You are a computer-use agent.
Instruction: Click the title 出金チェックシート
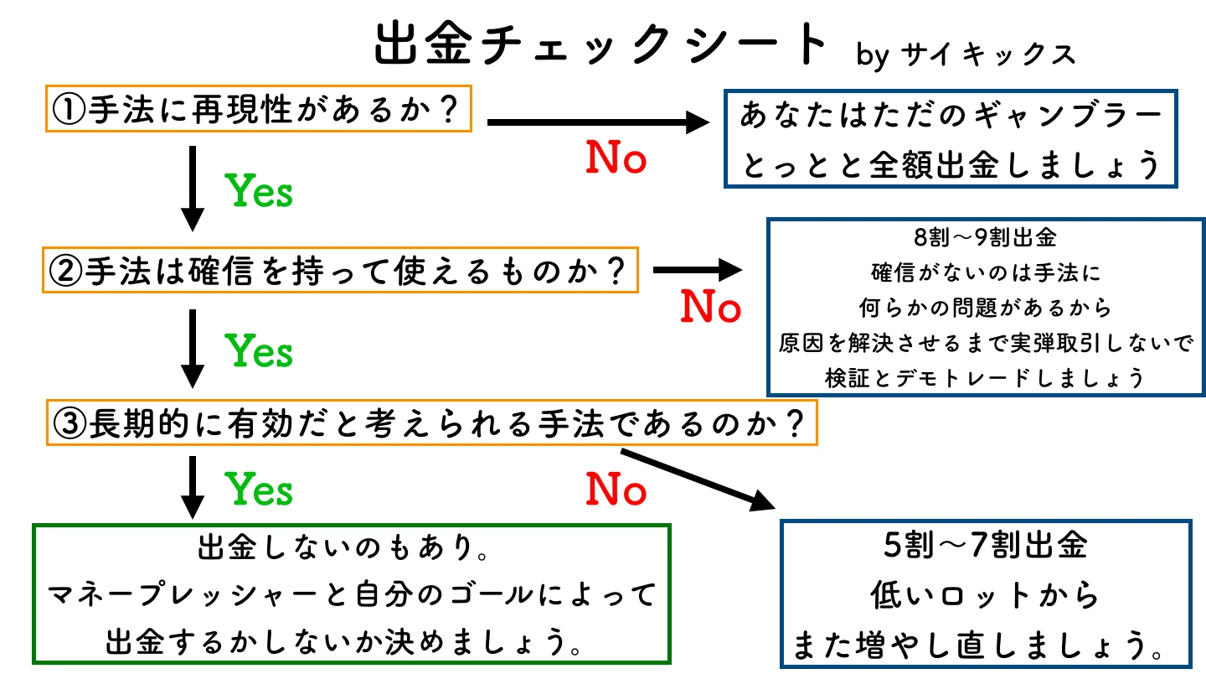pos(600,46)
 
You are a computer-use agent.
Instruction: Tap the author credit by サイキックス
pos(966,55)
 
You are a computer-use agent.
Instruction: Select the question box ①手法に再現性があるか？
pos(257,109)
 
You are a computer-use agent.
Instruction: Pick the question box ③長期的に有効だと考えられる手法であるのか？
pos(430,425)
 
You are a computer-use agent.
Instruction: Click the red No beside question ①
pos(616,158)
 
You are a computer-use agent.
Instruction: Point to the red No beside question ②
pos(710,308)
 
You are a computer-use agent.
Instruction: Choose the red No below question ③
pos(616,490)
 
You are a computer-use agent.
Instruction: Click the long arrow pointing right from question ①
pos(598,123)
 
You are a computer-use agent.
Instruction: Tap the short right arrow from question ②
pos(697,270)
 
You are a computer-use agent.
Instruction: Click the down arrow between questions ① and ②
pos(193,189)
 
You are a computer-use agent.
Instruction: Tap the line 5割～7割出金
pos(984,547)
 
